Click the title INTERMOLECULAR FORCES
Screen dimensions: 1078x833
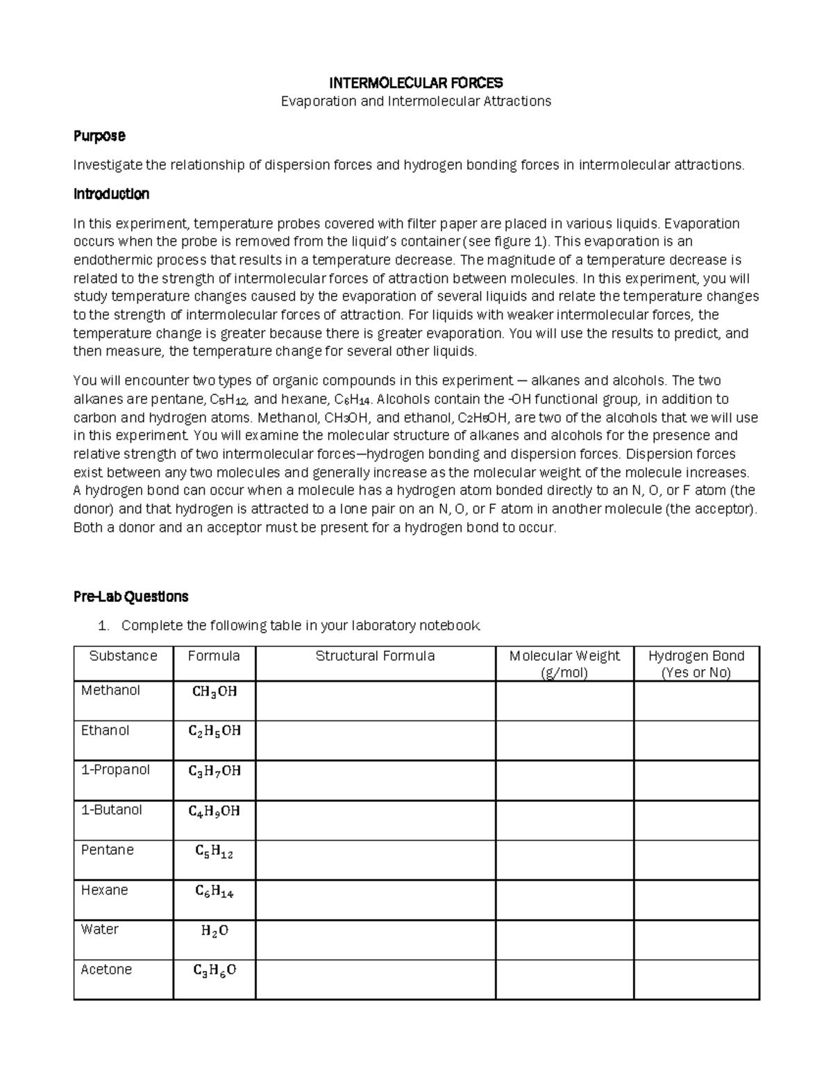click(416, 83)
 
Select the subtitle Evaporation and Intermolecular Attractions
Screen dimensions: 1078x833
click(416, 101)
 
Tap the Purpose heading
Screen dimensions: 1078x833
click(99, 136)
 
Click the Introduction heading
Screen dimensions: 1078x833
click(111, 194)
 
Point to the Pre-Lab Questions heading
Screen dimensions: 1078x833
click(131, 597)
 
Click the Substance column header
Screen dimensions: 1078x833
click(123, 657)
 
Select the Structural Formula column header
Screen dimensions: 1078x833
click(375, 657)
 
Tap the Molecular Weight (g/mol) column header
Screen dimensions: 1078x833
click(564, 664)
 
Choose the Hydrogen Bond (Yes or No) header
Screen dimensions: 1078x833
click(696, 664)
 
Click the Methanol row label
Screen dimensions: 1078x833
click(110, 691)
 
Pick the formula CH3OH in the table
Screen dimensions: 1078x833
click(214, 692)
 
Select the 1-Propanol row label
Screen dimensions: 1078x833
click(115, 770)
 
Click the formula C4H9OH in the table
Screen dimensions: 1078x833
click(214, 811)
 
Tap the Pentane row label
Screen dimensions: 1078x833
click(107, 850)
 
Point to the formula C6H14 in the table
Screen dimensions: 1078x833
click(214, 892)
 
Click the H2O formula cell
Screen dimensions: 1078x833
click(214, 932)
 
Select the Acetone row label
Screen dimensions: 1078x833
click(106, 970)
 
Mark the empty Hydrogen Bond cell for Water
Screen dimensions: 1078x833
click(696, 940)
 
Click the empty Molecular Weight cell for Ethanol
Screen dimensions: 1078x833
click(564, 740)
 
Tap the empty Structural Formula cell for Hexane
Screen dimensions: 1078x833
click(375, 900)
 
